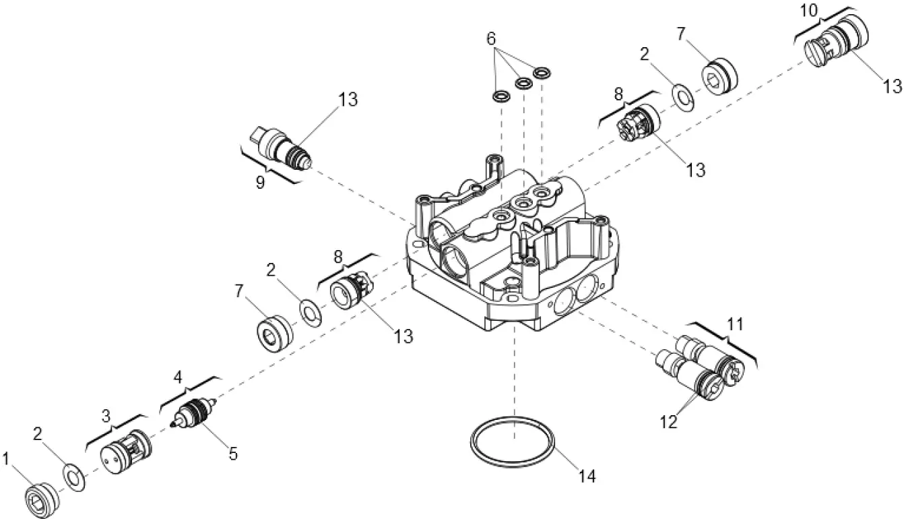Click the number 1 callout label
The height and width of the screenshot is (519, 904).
6,460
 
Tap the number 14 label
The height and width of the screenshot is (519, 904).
587,476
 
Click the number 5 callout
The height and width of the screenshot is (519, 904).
233,454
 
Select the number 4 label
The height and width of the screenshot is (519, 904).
178,375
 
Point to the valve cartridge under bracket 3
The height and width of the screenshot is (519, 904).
126,451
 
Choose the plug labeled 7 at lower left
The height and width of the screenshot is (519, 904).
276,334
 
